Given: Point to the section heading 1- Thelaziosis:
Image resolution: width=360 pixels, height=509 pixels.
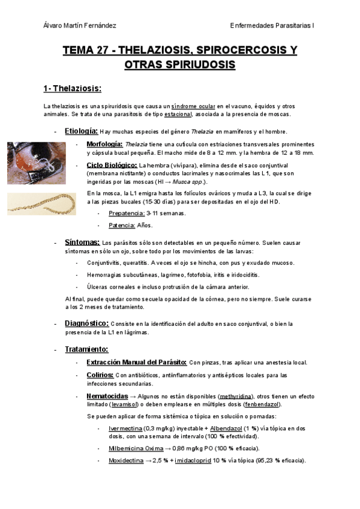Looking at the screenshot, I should point(72,89).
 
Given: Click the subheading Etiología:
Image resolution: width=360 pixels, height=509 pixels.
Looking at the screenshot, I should point(81,131).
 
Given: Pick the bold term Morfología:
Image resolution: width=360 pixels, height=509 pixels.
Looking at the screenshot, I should point(104,145).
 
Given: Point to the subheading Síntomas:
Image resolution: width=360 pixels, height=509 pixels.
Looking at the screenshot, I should point(82,242).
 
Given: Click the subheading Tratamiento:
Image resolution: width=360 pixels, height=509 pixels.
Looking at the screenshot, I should point(86,349).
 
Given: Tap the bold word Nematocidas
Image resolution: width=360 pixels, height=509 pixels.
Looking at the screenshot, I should point(107,397).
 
